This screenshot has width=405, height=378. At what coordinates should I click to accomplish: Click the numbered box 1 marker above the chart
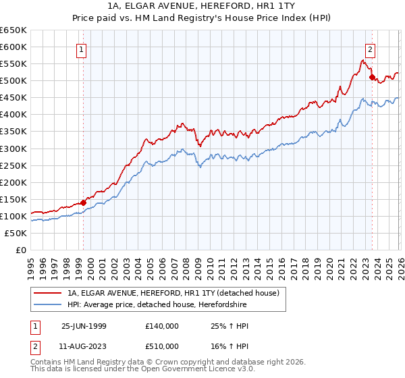[82, 49]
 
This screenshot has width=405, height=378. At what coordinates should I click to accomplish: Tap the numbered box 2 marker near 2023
[371, 49]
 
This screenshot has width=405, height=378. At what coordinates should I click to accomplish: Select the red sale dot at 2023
[372, 77]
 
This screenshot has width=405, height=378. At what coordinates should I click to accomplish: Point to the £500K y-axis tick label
[13, 81]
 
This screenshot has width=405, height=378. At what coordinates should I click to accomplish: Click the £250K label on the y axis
[13, 165]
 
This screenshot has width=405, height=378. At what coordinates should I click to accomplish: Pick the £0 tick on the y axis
[20, 250]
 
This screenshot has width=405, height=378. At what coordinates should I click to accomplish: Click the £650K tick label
[13, 30]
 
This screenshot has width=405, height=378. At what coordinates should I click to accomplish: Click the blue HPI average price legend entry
[157, 305]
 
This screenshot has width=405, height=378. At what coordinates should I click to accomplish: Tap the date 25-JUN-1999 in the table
[84, 326]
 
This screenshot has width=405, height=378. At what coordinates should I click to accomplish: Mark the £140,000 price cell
[161, 326]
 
